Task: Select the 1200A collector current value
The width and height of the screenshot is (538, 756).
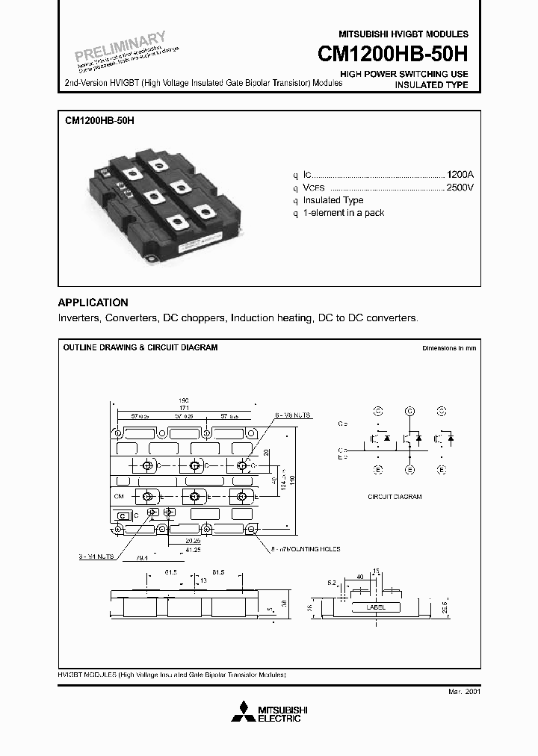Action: point(460,173)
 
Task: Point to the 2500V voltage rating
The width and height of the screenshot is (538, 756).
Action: point(460,187)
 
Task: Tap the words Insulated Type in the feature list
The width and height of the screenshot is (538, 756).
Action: point(333,200)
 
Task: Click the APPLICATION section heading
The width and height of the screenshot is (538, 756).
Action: point(93,303)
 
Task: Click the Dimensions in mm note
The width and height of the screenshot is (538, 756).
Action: point(448,348)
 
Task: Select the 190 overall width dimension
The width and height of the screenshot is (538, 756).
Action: point(184,399)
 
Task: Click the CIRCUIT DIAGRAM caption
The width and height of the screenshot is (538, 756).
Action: point(395,496)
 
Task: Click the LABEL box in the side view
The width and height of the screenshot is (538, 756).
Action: point(376,607)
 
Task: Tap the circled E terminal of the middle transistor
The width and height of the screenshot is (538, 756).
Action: point(409,470)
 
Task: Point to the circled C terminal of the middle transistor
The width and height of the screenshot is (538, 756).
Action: point(409,411)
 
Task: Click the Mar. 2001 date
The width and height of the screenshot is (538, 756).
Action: point(463,692)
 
